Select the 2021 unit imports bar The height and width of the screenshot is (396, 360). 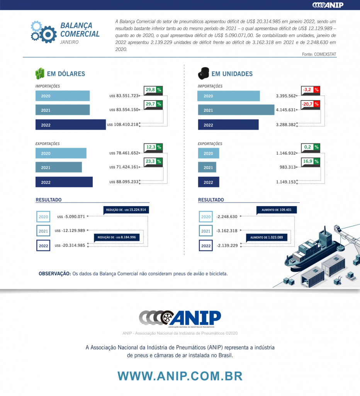pyautogui.click(x=236, y=110)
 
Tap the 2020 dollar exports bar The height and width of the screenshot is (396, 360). pyautogui.click(x=61, y=153)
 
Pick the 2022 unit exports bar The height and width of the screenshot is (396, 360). pyautogui.click(x=209, y=182)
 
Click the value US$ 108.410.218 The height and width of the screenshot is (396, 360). pyautogui.click(x=123, y=125)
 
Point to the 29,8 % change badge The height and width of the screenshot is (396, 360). pyautogui.click(x=153, y=90)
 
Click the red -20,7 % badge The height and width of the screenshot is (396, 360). pyautogui.click(x=311, y=104)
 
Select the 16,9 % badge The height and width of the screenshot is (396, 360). pyautogui.click(x=311, y=161)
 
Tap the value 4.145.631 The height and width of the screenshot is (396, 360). pyautogui.click(x=286, y=110)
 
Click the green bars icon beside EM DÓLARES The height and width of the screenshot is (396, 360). pyautogui.click(x=40, y=73)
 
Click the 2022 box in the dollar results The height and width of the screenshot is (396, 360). pyautogui.click(x=43, y=246)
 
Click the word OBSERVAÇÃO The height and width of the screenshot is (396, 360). pyautogui.click(x=54, y=274)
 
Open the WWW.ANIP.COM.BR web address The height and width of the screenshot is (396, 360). pyautogui.click(x=180, y=376)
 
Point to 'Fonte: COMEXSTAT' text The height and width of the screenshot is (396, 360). pyautogui.click(x=319, y=55)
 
